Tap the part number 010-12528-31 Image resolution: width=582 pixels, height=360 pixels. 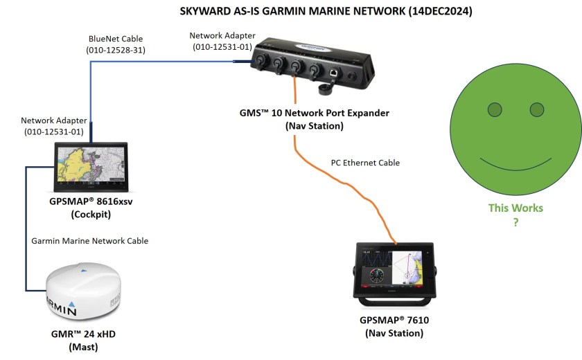[116, 51]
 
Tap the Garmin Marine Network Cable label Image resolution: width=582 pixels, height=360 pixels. [90, 241]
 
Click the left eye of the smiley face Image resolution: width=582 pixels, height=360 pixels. [494, 109]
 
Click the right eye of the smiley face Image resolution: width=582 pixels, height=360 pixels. [537, 109]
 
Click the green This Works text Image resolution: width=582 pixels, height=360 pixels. [515, 208]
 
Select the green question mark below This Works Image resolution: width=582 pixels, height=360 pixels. [515, 222]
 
